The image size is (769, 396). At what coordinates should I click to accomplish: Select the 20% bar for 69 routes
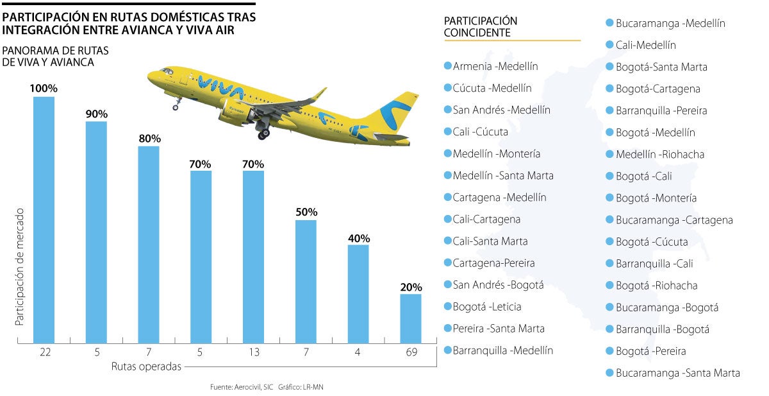411,318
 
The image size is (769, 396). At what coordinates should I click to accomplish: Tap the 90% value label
96,114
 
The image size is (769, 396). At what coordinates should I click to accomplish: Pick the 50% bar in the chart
306,281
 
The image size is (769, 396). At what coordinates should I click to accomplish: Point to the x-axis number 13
253,352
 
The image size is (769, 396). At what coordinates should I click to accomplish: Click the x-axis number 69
411,352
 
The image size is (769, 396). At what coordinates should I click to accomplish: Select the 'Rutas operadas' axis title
145,366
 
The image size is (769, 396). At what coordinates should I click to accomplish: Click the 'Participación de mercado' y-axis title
20,266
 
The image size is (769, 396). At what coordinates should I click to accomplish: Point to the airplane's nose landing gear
176,103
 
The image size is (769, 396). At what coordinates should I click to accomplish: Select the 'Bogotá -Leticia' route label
486,307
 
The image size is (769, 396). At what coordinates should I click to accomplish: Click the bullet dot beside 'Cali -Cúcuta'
447,132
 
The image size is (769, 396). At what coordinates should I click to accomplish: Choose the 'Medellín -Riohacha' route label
659,154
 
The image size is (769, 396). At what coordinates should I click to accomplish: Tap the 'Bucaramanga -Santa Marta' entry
677,373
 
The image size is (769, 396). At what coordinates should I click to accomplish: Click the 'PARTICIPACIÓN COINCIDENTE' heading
481,27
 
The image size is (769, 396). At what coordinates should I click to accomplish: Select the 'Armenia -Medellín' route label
495,66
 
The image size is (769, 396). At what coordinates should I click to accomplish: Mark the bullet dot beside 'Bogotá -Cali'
610,176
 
